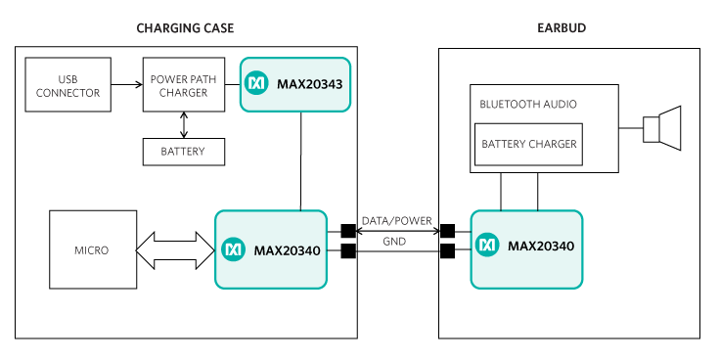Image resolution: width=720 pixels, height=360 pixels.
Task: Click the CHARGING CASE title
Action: (185, 28)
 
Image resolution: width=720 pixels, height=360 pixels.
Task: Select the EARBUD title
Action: (562, 28)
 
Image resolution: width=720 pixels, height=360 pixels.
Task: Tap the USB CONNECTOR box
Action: (67, 84)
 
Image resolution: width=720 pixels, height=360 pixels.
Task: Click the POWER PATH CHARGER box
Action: (184, 84)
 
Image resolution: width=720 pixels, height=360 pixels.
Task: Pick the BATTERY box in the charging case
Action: (184, 152)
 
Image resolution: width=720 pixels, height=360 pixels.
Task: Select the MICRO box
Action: (93, 249)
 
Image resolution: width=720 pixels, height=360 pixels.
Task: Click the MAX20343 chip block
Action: (295, 84)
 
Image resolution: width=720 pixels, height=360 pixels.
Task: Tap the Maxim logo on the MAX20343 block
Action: (255, 83)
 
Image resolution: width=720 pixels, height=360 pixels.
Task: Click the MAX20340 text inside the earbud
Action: (541, 247)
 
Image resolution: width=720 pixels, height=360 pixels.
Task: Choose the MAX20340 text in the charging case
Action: (287, 250)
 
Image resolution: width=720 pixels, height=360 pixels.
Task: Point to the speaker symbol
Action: (661, 128)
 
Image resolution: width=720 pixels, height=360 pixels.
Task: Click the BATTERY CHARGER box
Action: (528, 144)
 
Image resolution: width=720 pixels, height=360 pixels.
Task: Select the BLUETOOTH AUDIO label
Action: (528, 105)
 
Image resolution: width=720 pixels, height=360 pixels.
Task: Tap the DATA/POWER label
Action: (397, 221)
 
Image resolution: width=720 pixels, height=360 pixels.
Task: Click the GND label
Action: (394, 242)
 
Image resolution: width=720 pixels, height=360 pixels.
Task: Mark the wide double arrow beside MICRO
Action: (175, 250)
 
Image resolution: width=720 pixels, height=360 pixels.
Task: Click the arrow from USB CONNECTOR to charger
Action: (127, 84)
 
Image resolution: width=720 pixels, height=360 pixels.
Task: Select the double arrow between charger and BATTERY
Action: (184, 125)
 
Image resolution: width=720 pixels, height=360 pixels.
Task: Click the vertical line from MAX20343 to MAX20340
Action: (301, 161)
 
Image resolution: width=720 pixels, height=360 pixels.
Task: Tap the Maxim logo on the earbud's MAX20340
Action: (487, 246)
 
